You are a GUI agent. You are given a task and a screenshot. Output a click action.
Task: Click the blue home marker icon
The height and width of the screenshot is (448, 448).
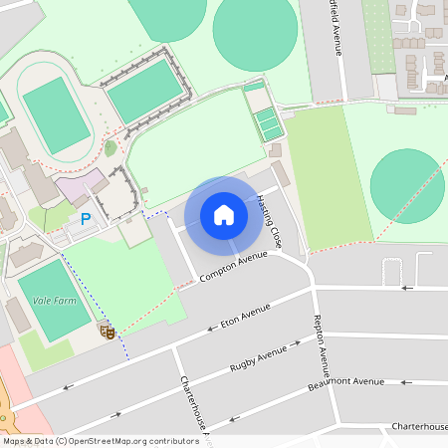click(x=224, y=215)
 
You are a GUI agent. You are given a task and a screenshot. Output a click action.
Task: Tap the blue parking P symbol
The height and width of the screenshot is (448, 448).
click(x=86, y=218)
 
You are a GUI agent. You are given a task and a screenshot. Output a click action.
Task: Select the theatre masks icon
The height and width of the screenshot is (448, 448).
click(x=107, y=331)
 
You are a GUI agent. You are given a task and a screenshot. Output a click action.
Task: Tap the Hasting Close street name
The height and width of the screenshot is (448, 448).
click(x=269, y=221)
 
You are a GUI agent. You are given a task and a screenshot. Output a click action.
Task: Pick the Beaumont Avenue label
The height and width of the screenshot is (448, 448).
click(x=345, y=381)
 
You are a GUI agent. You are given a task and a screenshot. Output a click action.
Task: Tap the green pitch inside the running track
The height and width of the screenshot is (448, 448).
click(x=57, y=114)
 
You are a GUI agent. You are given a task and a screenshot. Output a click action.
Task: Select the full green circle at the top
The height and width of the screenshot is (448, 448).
click(x=256, y=33)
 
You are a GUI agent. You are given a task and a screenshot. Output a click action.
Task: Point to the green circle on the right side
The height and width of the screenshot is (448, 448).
click(x=406, y=186)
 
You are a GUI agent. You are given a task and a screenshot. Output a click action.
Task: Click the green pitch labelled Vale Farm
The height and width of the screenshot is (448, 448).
click(x=54, y=299)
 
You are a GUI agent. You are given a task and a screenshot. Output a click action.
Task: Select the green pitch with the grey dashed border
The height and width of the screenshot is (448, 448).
click(x=145, y=90)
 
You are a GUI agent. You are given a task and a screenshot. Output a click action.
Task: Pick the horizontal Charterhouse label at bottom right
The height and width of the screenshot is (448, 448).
click(x=418, y=426)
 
